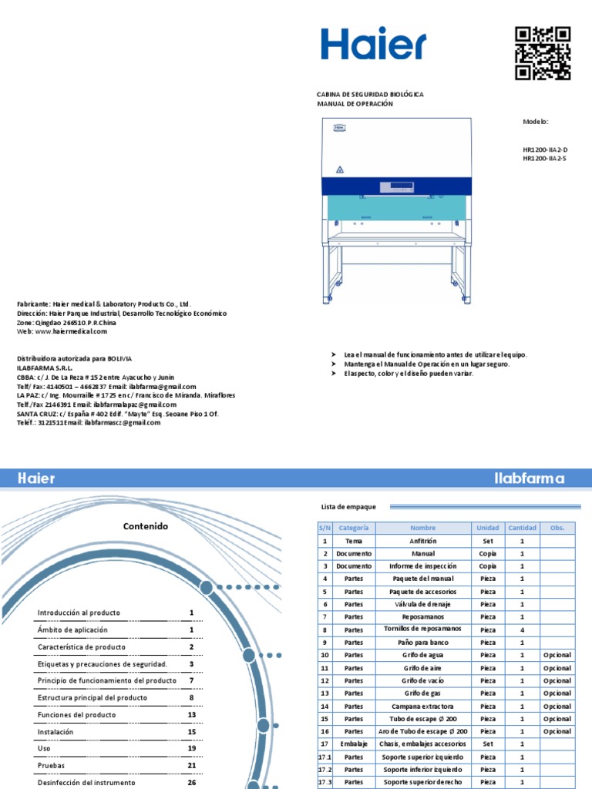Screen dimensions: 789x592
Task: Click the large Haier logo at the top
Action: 373,45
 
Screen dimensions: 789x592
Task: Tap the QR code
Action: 543,52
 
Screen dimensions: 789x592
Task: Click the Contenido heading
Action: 145,526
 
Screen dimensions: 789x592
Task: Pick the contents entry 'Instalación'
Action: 55,732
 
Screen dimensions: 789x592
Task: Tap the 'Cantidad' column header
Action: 522,529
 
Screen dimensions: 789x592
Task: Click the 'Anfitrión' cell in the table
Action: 422,542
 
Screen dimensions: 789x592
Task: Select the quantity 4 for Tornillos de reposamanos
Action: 522,630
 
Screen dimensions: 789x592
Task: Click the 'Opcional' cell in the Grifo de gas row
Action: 557,693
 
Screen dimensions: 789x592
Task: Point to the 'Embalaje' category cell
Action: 353,744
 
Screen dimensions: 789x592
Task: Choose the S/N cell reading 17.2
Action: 325,770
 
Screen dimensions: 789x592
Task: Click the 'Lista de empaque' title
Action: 348,506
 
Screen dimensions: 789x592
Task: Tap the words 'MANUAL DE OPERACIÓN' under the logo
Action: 355,104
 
